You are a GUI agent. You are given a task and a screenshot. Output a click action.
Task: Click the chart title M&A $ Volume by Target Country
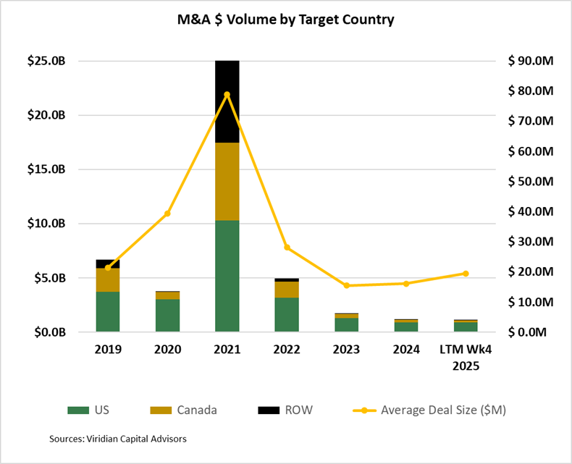[285, 20]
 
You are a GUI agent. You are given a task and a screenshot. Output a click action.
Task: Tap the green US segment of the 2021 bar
[227, 276]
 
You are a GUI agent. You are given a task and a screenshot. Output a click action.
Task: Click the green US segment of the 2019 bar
[108, 312]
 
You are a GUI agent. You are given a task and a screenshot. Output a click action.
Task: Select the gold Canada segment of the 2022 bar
[286, 290]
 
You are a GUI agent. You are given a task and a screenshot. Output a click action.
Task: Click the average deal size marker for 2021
[227, 94]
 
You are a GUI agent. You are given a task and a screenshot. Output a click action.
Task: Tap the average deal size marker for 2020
[167, 214]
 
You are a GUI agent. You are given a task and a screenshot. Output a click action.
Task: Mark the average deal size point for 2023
[346, 285]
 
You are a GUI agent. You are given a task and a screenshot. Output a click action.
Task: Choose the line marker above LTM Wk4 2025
[466, 274]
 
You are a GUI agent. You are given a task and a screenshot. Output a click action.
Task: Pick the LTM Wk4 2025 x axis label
[466, 358]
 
